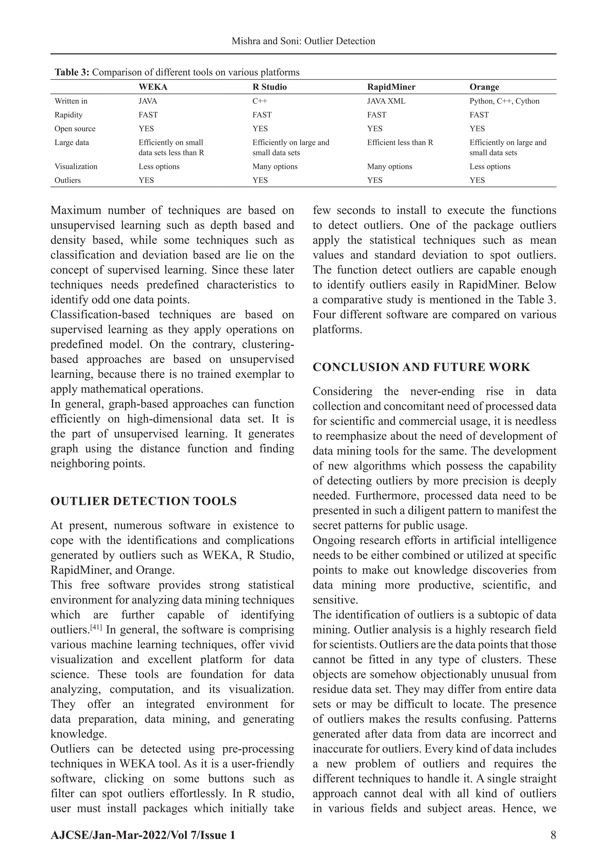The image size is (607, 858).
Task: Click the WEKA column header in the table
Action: point(153,87)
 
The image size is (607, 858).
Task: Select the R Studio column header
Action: point(269,87)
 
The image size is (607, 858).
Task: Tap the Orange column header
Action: point(484,87)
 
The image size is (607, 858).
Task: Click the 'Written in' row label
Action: point(71,101)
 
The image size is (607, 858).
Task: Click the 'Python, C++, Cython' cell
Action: point(504,101)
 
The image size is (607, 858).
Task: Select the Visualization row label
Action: point(76,167)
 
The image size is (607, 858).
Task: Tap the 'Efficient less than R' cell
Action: point(400,143)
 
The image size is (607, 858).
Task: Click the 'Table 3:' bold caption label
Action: point(72,73)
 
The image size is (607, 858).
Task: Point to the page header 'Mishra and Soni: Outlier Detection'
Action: point(303,41)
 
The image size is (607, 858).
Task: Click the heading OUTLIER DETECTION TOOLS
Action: point(143,501)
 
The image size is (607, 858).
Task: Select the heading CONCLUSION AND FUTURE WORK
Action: point(421,367)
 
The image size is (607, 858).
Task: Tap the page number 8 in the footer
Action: point(553,835)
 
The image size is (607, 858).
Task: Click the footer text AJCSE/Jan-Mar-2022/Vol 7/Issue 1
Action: point(143,835)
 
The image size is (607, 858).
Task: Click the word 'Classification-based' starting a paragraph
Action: point(100,315)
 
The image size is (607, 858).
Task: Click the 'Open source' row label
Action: point(75,129)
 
